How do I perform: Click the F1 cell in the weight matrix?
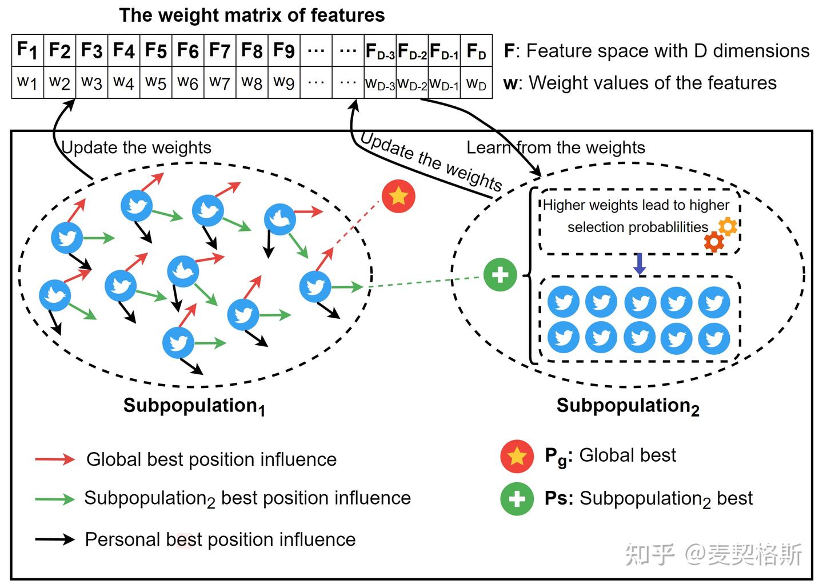27,50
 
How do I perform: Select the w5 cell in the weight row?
155,83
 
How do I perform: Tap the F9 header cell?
284,50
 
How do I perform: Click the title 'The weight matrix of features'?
251,15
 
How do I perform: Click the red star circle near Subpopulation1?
398,196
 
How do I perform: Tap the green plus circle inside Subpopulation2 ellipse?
500,275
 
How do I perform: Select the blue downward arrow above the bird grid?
640,264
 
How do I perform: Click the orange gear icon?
727,227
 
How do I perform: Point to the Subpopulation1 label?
194,406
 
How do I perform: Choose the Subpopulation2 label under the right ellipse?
628,406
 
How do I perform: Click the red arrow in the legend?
55,459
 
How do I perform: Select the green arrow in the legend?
55,499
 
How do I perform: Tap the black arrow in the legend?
55,539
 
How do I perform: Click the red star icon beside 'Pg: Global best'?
517,457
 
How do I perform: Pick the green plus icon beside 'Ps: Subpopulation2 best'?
517,499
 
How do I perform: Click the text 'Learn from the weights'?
556,147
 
